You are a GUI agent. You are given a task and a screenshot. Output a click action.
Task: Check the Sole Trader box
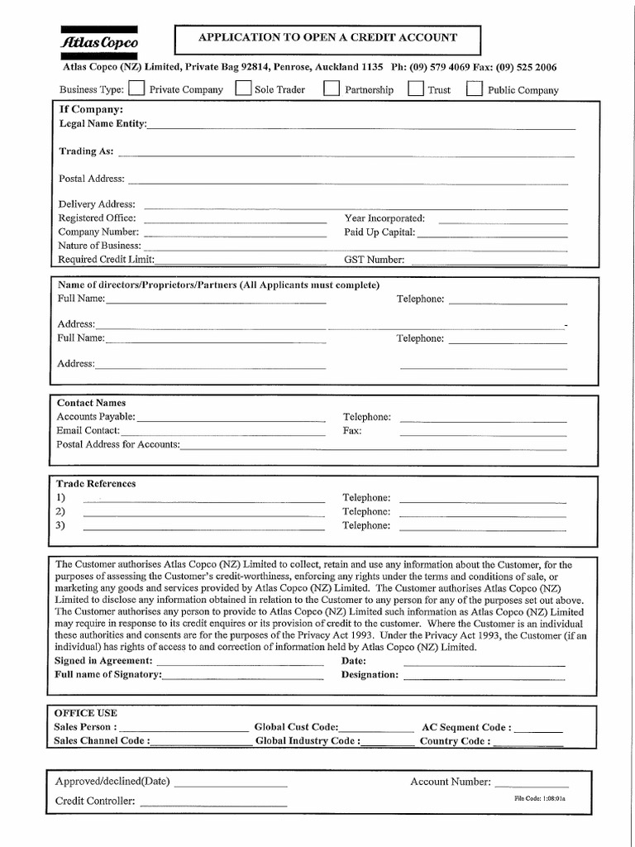243,89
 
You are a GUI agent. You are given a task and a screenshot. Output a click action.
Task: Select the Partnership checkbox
331,89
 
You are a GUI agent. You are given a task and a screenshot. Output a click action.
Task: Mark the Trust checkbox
416,89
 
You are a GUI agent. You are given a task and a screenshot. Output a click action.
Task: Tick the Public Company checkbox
475,89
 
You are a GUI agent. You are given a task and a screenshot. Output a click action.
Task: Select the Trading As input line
346,155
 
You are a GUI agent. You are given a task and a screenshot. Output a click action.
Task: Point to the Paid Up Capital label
380,232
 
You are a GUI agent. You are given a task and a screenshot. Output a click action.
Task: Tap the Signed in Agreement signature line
240,664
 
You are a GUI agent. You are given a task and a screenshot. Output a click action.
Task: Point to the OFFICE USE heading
86,713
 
